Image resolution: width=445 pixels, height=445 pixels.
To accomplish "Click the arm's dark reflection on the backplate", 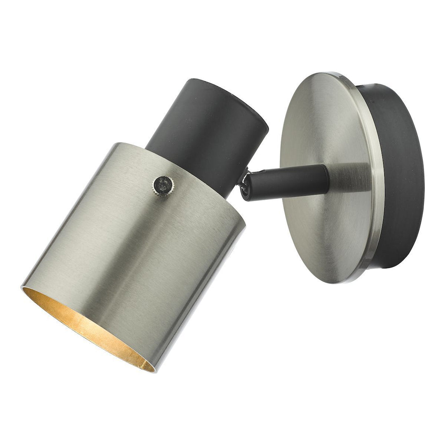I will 350,175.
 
